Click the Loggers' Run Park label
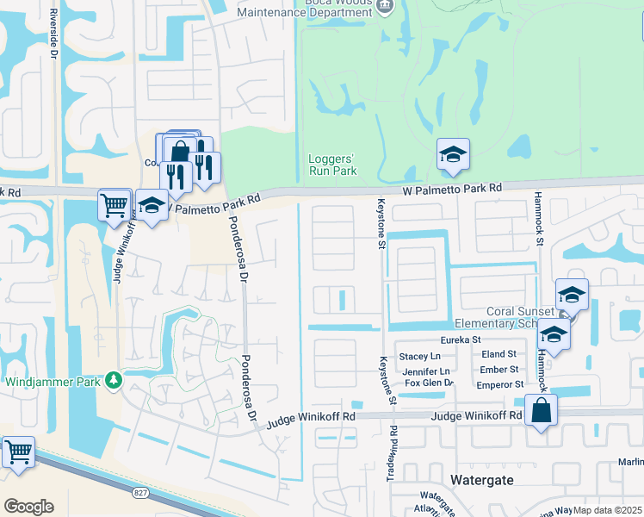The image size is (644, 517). pos(332,165)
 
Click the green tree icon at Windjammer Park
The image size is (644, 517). pos(113,380)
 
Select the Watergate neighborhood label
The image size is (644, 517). pos(483,479)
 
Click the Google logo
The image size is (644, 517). pos(28,507)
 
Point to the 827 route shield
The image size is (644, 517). pos(139,492)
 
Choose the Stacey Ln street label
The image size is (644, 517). pos(420,356)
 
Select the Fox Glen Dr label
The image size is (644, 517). pos(429,383)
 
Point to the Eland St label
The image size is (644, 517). pos(498,354)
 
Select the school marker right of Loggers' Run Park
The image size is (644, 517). pos(453,154)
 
